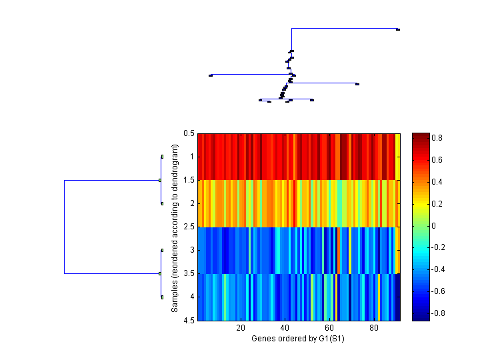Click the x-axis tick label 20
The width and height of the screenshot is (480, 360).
click(x=241, y=328)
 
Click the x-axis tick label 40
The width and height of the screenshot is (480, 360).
click(x=285, y=328)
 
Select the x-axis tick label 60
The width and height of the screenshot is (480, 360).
click(x=329, y=328)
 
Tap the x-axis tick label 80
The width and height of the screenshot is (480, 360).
click(x=373, y=328)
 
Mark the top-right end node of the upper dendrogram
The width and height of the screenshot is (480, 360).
click(x=398, y=29)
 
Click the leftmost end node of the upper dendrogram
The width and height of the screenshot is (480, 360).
click(x=211, y=75)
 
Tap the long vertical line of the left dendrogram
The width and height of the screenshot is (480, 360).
click(x=64, y=227)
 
